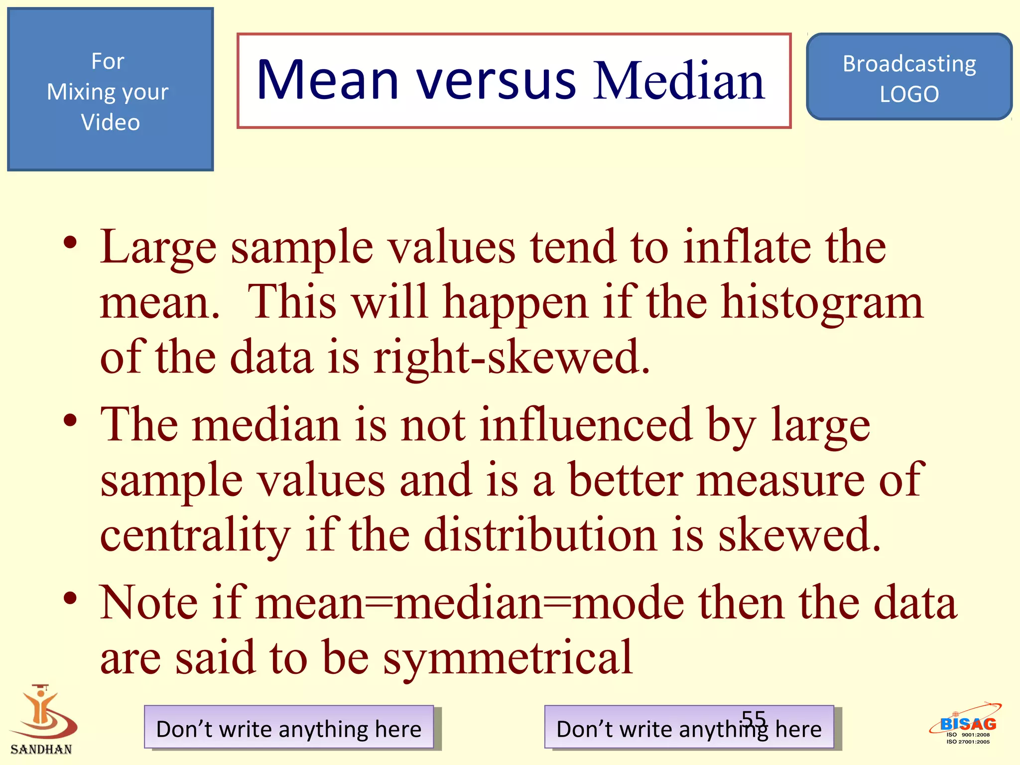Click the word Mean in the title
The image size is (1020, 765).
point(327,81)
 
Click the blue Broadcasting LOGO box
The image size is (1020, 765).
point(908,78)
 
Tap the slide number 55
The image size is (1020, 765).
point(754,718)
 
